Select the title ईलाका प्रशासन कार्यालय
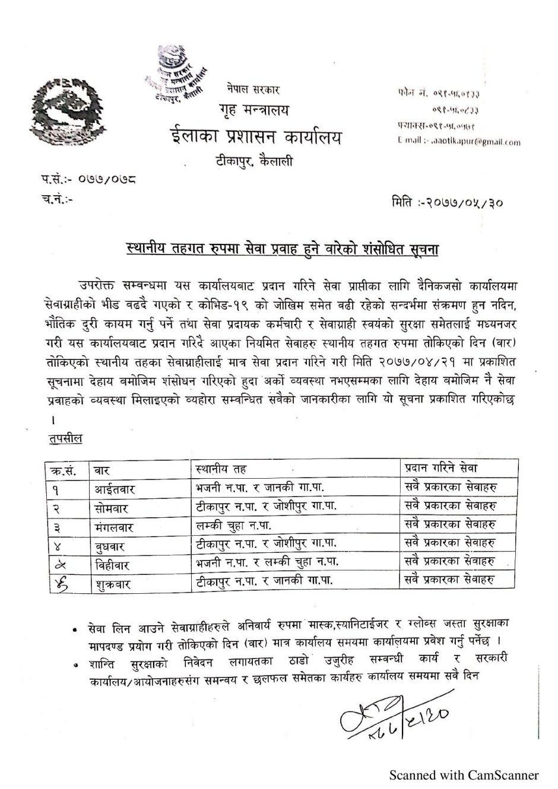click(x=255, y=138)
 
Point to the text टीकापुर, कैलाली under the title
click(x=254, y=161)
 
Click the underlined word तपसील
click(x=65, y=439)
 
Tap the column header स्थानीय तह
click(x=221, y=469)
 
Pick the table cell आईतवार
click(x=116, y=489)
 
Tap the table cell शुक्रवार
click(x=112, y=583)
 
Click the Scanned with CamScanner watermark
click(x=464, y=775)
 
